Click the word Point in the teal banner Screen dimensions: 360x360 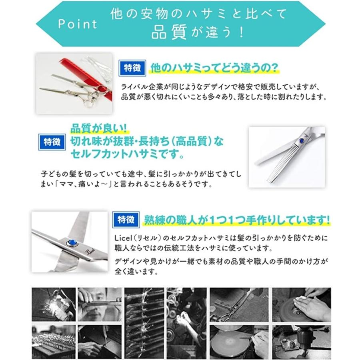78,24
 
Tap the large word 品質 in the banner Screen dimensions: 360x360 169,32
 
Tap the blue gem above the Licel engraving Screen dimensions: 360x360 72,242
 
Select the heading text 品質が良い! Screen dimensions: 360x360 98,129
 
